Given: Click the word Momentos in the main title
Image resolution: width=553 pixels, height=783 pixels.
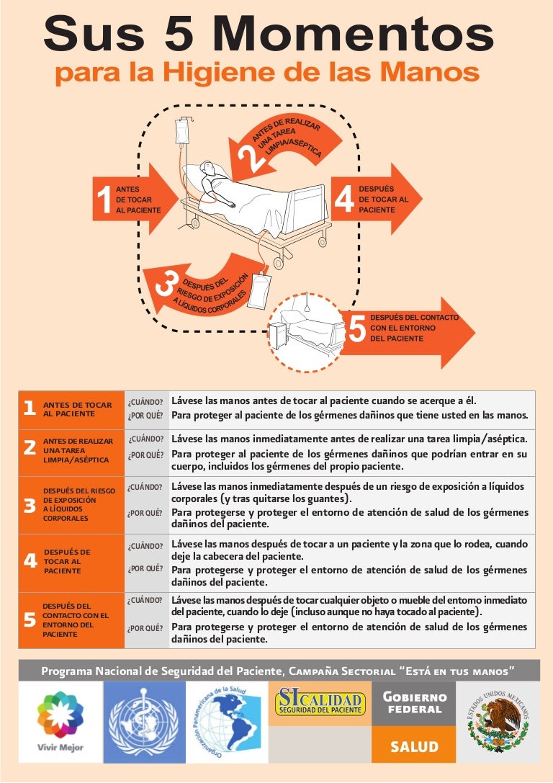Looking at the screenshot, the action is (x=353, y=34).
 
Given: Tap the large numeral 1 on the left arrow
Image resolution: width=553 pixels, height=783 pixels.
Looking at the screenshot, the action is (x=104, y=200).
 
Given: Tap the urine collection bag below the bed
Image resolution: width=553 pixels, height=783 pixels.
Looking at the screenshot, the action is (x=258, y=291).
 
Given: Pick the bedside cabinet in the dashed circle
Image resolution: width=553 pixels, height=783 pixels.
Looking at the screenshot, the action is (x=277, y=335).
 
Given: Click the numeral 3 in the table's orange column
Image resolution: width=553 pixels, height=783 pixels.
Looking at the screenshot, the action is (x=30, y=506).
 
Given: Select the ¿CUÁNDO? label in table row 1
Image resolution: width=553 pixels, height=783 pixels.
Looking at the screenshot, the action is (x=145, y=403).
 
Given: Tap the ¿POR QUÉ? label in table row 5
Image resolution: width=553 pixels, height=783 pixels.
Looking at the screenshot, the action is (x=145, y=628).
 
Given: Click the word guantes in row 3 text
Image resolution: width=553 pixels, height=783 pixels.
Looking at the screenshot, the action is (x=325, y=499).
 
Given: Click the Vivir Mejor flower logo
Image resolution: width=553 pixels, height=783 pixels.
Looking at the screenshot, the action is (x=60, y=715).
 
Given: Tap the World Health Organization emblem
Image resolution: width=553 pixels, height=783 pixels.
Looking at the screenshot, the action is (x=144, y=722).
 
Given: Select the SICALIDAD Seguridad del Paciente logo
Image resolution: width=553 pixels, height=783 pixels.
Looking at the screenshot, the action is (x=320, y=702).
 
